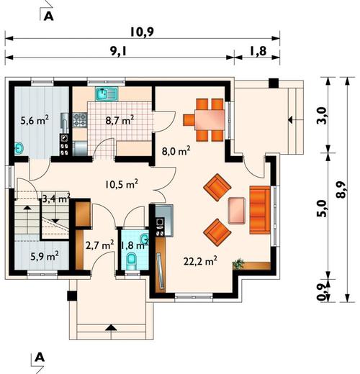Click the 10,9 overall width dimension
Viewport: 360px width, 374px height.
[x=142, y=32]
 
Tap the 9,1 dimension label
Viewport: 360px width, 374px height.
[x=118, y=51]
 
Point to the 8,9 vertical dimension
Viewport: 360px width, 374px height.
[x=341, y=189]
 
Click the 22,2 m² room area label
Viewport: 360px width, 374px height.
[x=201, y=261]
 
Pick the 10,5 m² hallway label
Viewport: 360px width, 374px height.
[x=122, y=184]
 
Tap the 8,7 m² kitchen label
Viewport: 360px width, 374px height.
[x=120, y=120]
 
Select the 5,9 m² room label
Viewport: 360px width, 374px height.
[x=45, y=256]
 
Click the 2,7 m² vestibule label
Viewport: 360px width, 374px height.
[x=99, y=245]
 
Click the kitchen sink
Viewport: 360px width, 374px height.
[x=107, y=93]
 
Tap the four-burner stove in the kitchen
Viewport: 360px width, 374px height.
[x=80, y=120]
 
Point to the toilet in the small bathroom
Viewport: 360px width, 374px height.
[x=131, y=261]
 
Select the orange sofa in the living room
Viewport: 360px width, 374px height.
[x=260, y=209]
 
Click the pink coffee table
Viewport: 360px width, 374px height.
[x=237, y=211]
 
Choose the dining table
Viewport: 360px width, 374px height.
[x=210, y=119]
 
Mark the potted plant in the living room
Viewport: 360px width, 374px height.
[x=238, y=264]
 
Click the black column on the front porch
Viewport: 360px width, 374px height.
[x=72, y=296]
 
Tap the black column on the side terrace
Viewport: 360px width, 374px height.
[x=274, y=83]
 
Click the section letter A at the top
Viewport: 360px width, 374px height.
[x=49, y=17]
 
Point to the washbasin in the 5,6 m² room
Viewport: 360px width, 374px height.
[x=19, y=149]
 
